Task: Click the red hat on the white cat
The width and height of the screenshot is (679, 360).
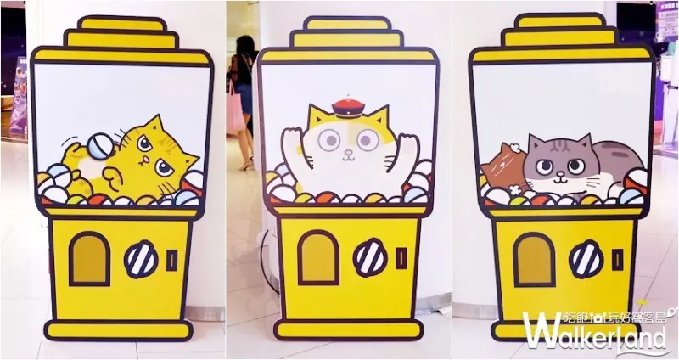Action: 348,108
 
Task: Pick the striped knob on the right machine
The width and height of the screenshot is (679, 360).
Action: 586,258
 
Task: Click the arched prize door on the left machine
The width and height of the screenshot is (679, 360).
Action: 89,257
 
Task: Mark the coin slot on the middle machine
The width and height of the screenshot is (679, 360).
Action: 399,257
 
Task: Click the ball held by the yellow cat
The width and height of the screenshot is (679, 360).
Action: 98,145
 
